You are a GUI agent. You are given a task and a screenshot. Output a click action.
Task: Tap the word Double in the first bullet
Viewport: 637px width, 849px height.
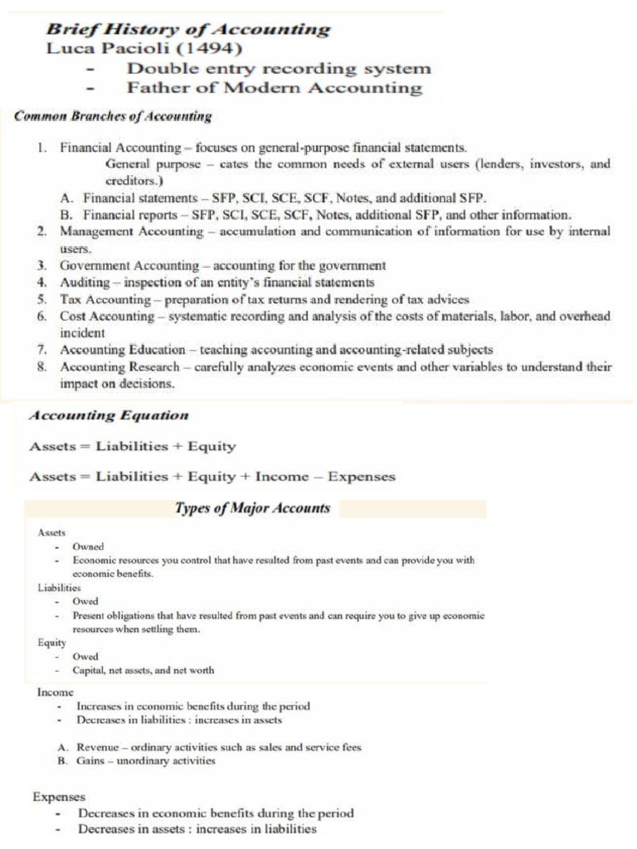coord(158,68)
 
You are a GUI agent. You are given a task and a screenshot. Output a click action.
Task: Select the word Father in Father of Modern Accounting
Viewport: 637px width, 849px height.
coord(154,88)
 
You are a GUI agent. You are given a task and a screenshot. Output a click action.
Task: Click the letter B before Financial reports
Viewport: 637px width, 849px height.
coord(66,215)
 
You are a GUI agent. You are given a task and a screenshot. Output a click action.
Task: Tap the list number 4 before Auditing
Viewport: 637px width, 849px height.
coord(41,283)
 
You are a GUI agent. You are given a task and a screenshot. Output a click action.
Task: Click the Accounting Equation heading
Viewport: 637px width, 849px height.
coord(109,415)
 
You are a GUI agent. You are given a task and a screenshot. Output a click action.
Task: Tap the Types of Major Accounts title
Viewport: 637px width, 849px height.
coord(252,508)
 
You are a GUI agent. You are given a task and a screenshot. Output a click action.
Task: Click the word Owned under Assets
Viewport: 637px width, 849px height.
coord(88,547)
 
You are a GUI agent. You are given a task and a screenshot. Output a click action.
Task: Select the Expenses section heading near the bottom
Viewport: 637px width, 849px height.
coord(59,797)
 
